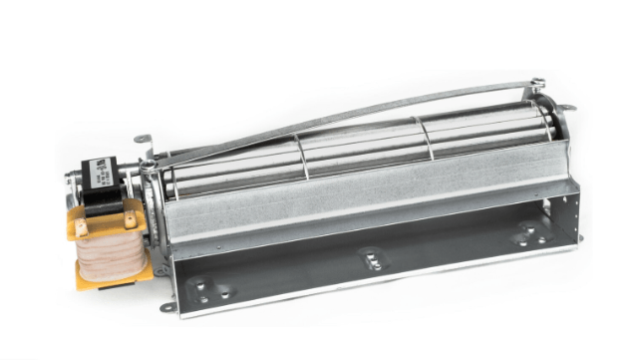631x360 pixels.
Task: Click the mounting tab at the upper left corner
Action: tap(142, 139)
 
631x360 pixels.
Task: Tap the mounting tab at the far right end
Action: tap(566, 107)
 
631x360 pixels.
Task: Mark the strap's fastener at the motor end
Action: tap(150, 166)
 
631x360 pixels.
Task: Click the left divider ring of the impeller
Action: tap(304, 151)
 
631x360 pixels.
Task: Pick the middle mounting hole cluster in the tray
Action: tap(370, 258)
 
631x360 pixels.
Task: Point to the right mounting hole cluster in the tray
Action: tap(523, 235)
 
